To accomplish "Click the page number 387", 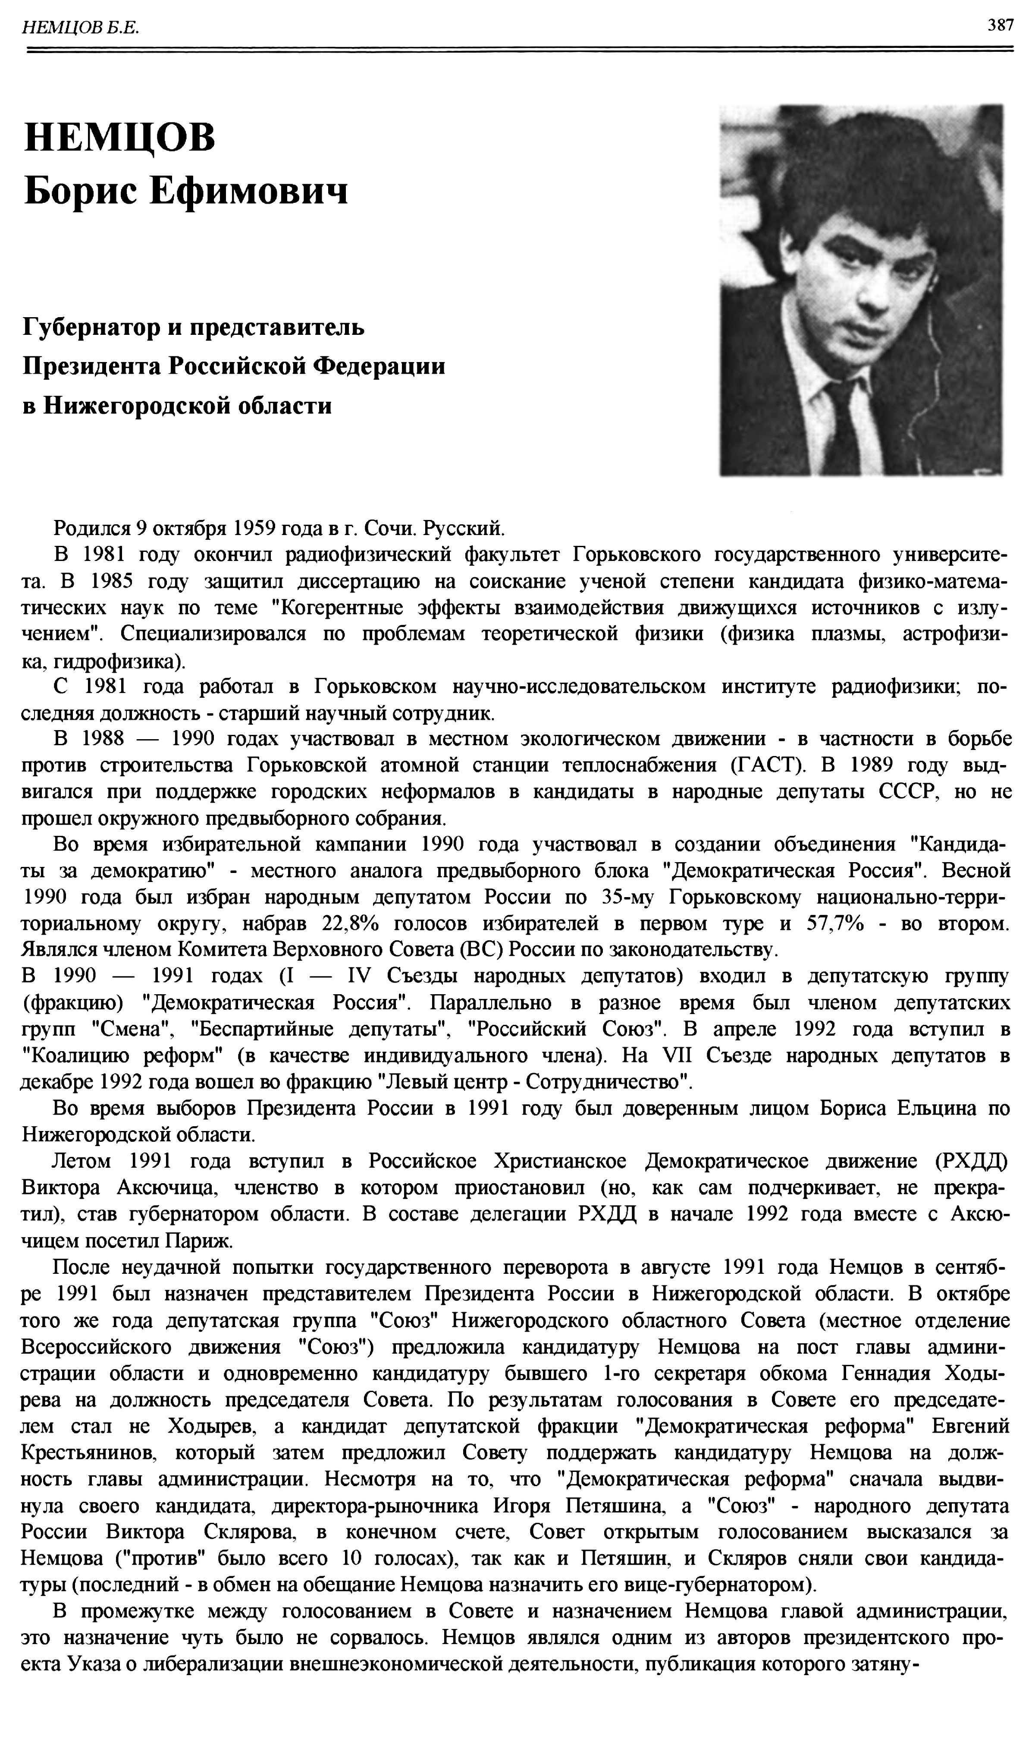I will coord(1000,26).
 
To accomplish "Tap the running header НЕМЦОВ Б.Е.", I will coord(81,28).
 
